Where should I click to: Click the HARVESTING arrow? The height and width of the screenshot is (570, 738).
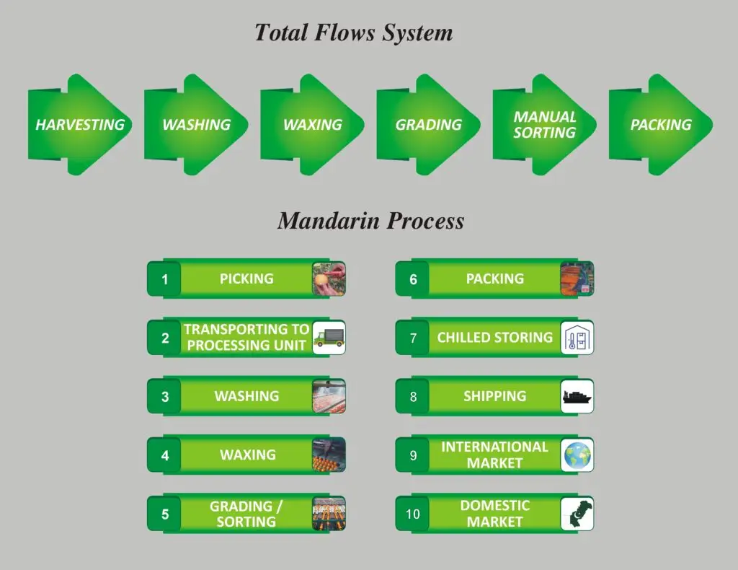(79, 125)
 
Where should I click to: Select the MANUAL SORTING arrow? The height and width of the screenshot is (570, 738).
(545, 125)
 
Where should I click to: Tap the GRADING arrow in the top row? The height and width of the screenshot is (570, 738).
(428, 125)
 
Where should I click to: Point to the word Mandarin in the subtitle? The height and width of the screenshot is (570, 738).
(329, 221)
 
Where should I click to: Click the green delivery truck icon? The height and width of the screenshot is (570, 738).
(329, 337)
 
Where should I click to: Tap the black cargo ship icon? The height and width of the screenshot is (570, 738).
(577, 397)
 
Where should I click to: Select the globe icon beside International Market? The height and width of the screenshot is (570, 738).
(577, 455)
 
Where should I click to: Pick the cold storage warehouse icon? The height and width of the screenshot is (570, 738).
(577, 338)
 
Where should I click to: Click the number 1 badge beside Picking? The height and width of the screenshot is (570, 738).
(164, 279)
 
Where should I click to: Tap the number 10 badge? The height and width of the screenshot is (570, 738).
(412, 514)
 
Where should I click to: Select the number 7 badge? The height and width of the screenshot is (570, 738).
(413, 338)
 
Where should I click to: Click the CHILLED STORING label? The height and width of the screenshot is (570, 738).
(494, 337)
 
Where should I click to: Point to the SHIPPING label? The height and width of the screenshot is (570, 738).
(494, 396)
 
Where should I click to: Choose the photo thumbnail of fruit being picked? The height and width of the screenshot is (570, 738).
(329, 279)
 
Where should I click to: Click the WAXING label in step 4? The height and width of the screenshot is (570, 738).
(248, 455)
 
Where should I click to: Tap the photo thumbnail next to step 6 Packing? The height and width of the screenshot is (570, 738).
(577, 279)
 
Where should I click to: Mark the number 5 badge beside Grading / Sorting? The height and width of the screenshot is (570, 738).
(164, 514)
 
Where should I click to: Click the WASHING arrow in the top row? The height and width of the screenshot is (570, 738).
(196, 125)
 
